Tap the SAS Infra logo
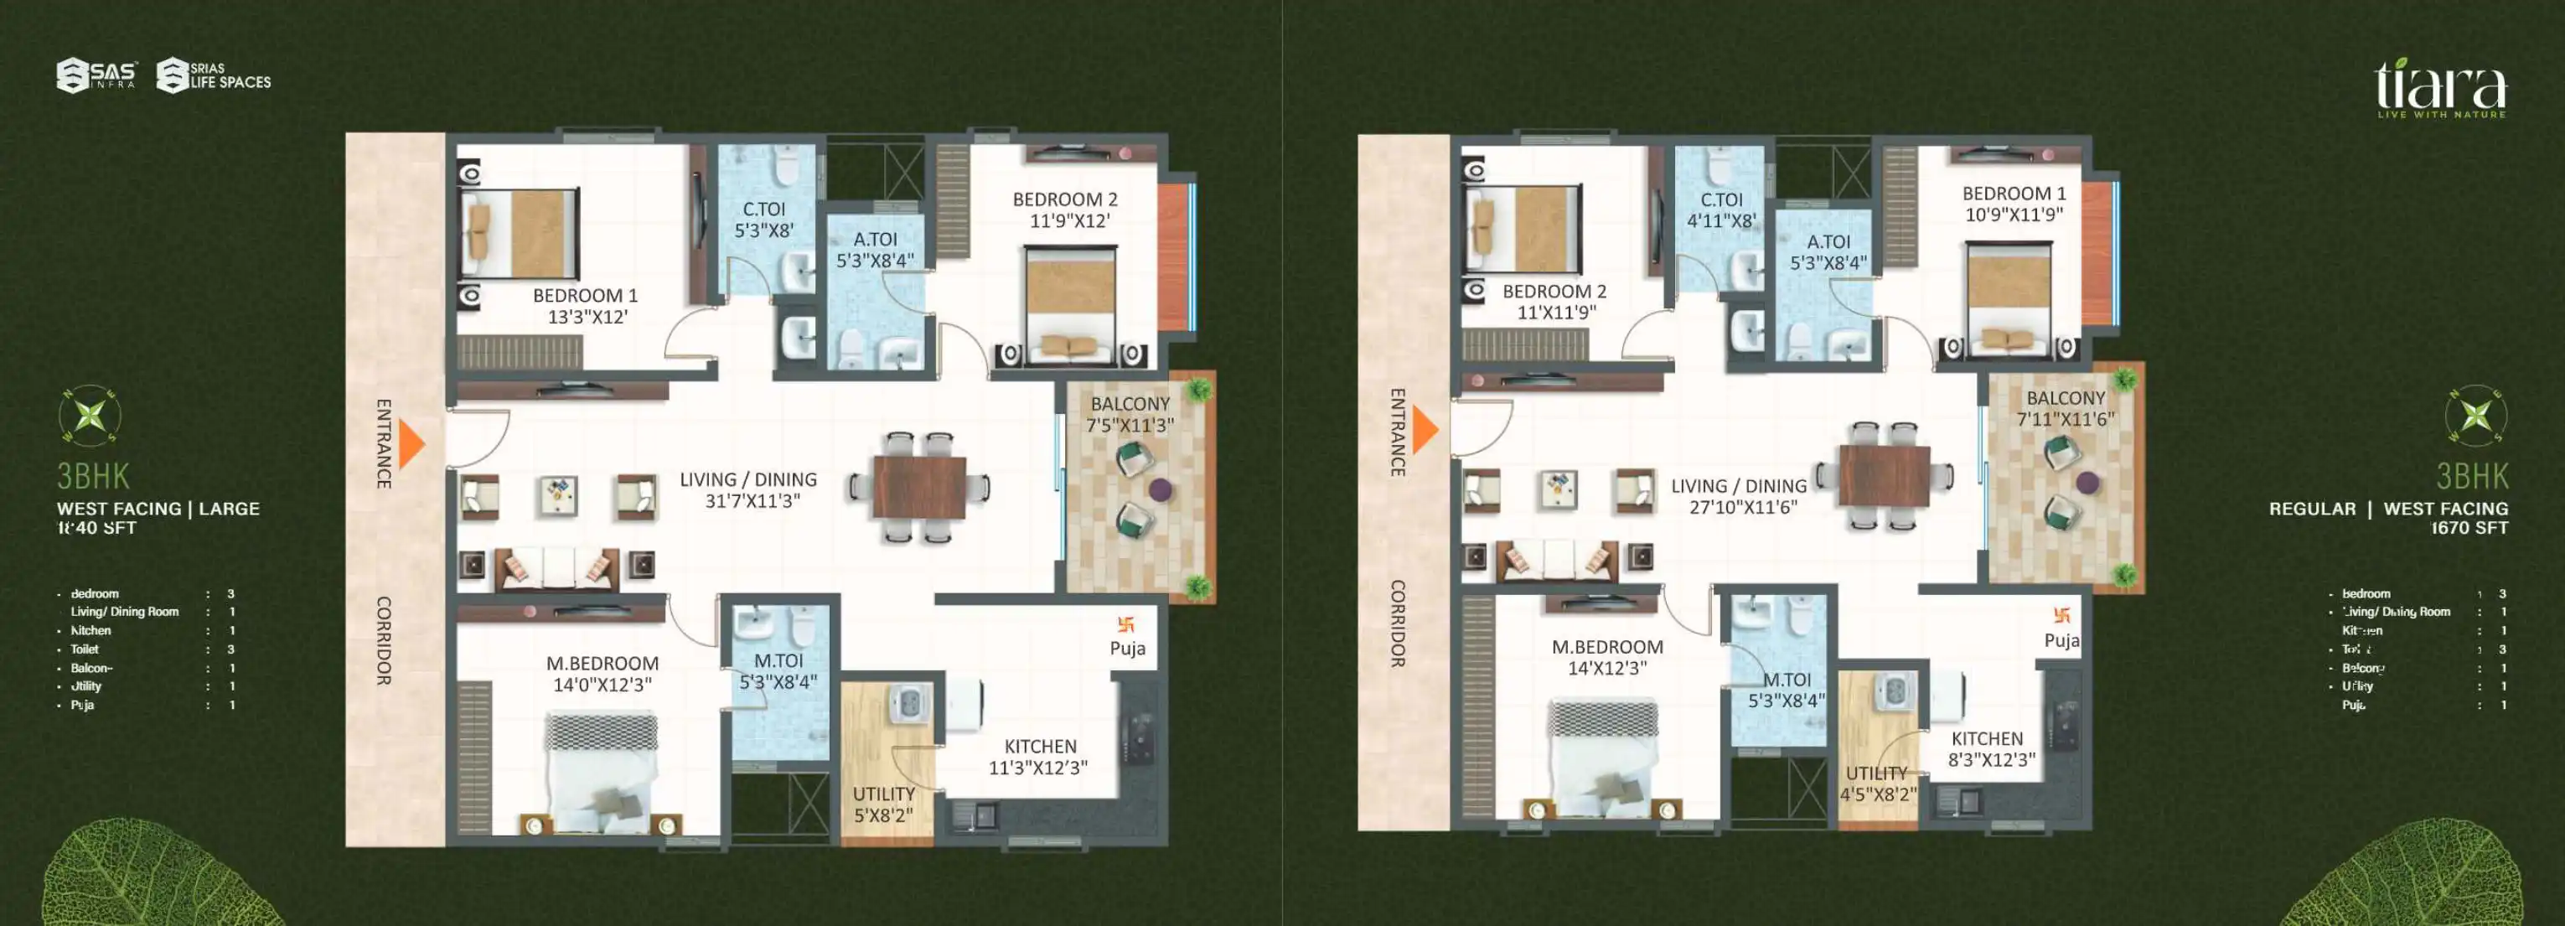96,75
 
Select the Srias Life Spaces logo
214,75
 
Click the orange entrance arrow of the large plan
411,444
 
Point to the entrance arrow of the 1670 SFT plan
1425,430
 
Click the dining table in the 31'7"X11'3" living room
919,487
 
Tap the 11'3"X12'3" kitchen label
1038,757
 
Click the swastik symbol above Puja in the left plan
1126,625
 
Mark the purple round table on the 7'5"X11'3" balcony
1160,489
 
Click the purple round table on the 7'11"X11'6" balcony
2088,483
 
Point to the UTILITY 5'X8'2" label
883,804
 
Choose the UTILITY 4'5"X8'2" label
1877,784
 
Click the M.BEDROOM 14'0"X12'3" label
602,674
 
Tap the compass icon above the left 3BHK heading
90,415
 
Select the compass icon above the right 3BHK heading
2475,415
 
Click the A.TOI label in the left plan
874,250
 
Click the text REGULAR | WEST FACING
2387,509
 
